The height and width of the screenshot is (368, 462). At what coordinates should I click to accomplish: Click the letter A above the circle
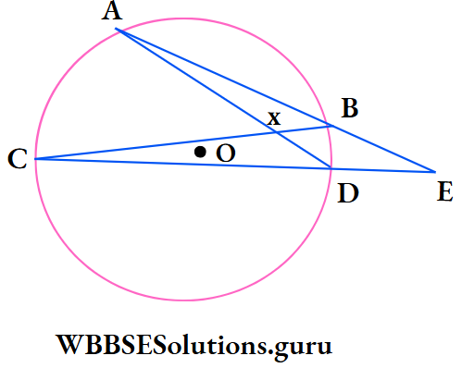pos(114,12)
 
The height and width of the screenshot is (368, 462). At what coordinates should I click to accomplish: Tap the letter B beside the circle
pos(349,109)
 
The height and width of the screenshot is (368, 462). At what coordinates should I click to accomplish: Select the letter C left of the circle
pos(16,160)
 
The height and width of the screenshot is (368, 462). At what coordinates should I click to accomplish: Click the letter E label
pos(444,192)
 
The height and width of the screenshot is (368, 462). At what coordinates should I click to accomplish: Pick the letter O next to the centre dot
pos(225,154)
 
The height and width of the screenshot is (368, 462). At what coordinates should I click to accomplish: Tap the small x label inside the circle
pos(273,118)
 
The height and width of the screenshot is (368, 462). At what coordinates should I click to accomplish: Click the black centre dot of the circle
pos(200,151)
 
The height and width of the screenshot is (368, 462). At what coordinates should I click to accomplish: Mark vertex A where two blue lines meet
pos(116,30)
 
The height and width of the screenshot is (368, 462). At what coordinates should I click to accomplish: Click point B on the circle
pos(331,126)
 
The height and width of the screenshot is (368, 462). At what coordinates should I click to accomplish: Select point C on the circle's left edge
pos(35,159)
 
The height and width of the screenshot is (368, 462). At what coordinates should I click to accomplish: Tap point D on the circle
pos(331,167)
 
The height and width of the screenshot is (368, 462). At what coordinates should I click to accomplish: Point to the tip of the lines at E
pos(434,171)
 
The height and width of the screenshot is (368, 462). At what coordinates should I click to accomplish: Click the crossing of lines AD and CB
pos(275,132)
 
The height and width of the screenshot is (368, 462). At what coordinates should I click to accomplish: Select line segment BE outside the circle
pos(382,149)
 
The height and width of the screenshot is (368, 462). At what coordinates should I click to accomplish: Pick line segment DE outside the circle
pos(383,169)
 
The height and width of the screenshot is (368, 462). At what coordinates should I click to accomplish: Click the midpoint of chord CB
pos(182,142)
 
